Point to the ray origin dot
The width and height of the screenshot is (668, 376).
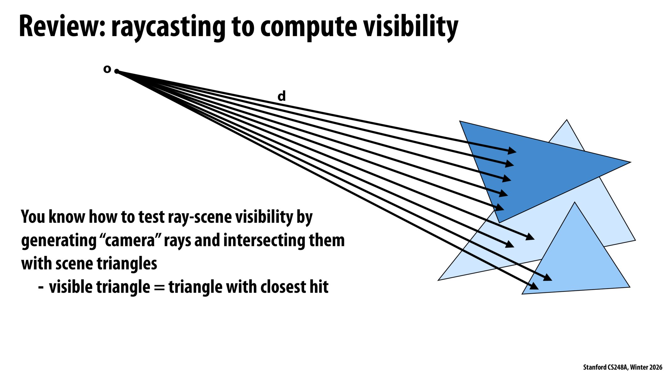tap(117, 71)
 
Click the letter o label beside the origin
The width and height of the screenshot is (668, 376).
tap(107, 69)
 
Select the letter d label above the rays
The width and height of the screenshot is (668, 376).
tap(282, 96)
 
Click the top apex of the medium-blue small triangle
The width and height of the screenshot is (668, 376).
tap(574, 203)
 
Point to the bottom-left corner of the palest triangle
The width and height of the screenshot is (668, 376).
tap(439, 280)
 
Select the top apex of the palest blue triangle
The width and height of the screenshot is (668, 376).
tap(567, 120)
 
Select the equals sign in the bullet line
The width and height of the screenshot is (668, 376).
tap(159, 287)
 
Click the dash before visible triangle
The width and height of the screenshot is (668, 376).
tap(41, 287)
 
